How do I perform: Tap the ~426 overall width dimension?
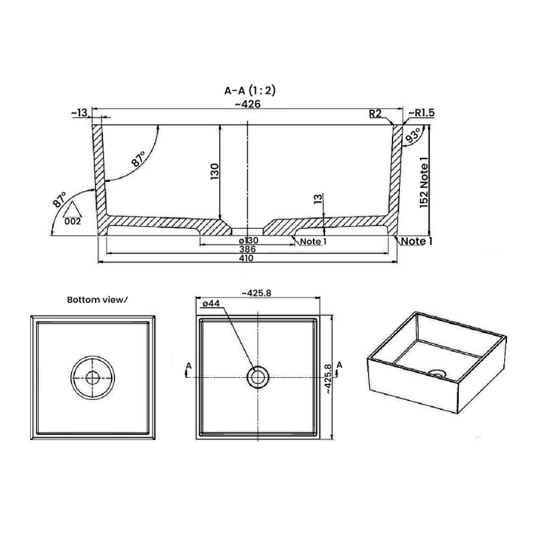pyautogui.click(x=247, y=104)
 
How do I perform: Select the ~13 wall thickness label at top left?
pyautogui.click(x=79, y=114)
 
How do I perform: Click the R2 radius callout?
pyautogui.click(x=375, y=114)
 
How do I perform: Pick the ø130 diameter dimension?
pyautogui.click(x=248, y=240)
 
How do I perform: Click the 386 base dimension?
pyautogui.click(x=248, y=249)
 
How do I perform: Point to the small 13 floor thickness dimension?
pyautogui.click(x=318, y=199)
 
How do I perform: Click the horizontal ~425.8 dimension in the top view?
pyautogui.click(x=258, y=293)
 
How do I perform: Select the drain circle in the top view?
pyautogui.click(x=257, y=377)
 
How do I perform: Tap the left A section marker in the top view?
pyautogui.click(x=190, y=366)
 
